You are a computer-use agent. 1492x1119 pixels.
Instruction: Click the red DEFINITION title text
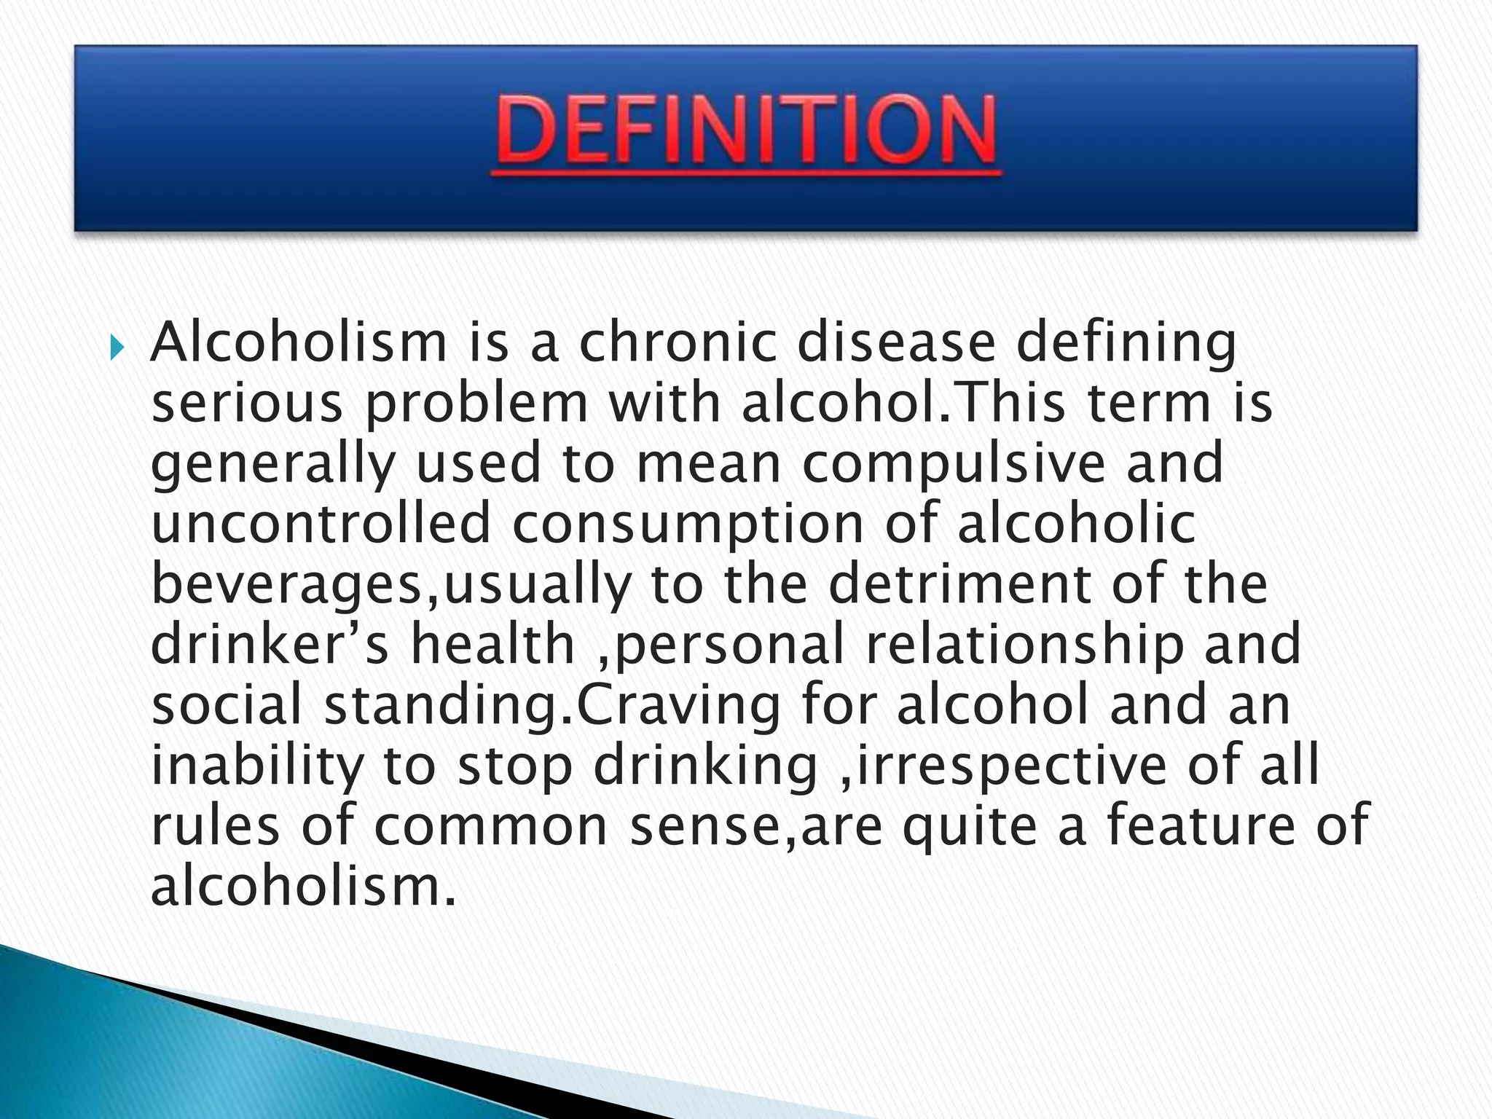(746, 131)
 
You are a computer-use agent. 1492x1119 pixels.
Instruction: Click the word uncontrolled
(321, 524)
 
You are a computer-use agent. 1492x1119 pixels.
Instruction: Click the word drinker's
(270, 645)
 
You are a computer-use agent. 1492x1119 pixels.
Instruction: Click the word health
(492, 645)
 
